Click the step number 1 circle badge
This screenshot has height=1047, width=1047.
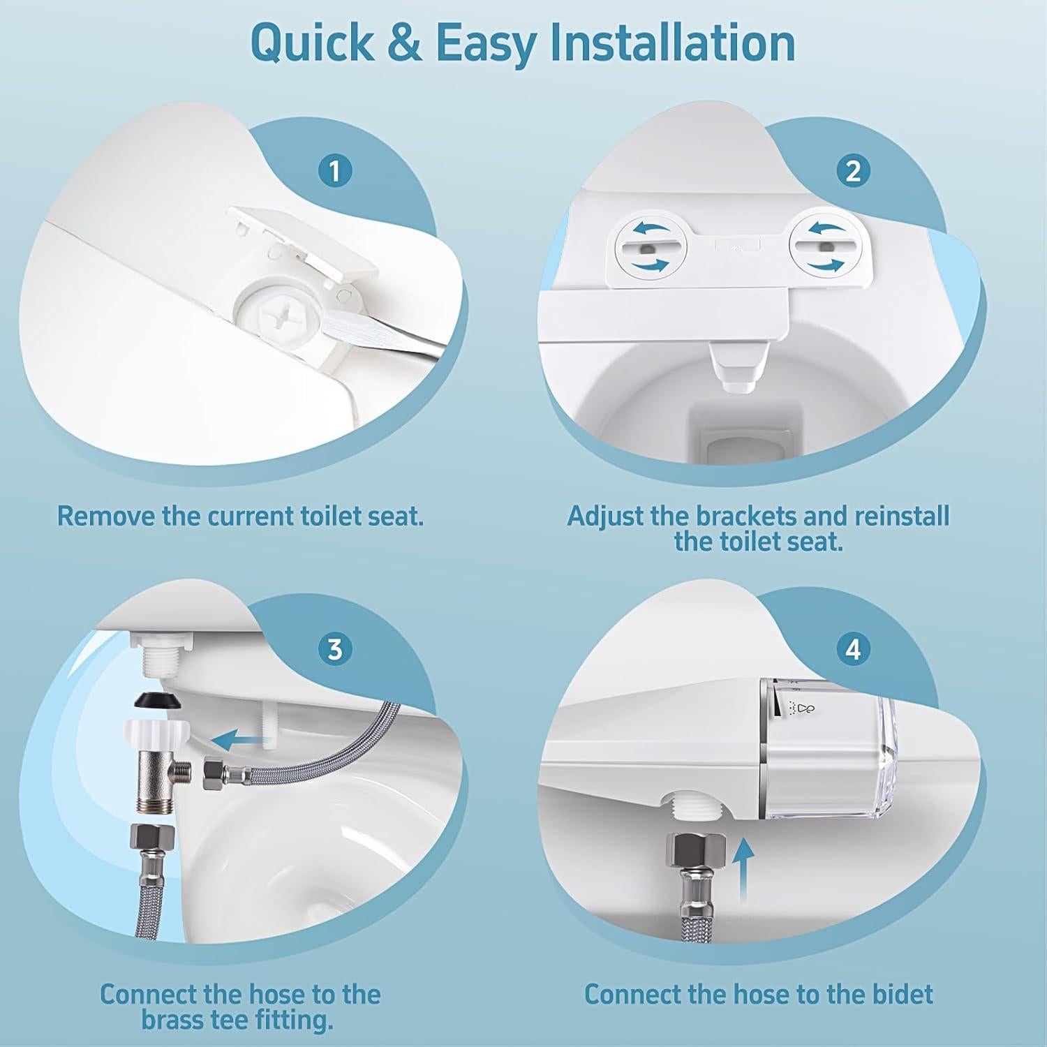(335, 170)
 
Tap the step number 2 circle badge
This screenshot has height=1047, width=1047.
(853, 170)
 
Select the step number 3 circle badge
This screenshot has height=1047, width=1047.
(335, 649)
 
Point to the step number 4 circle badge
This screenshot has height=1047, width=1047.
(853, 649)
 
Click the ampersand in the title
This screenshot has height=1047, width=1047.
(405, 43)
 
